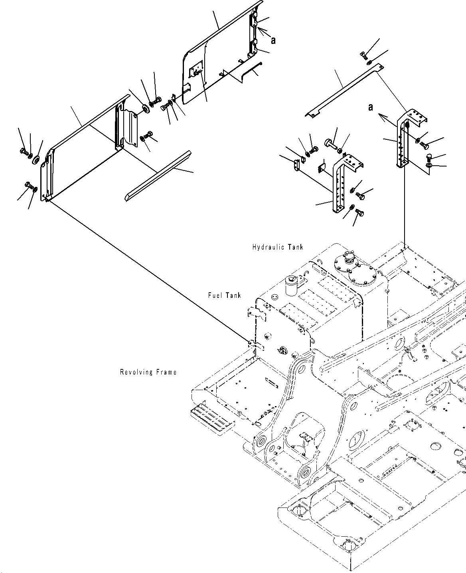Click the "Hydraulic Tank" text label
click(x=278, y=247)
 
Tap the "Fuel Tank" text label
click(x=224, y=295)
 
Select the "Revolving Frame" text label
click(x=148, y=372)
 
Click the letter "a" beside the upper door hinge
click(x=273, y=40)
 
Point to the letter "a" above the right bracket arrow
click(x=371, y=107)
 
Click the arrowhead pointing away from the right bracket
click(x=381, y=116)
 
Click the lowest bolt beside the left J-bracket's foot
click(x=359, y=214)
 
